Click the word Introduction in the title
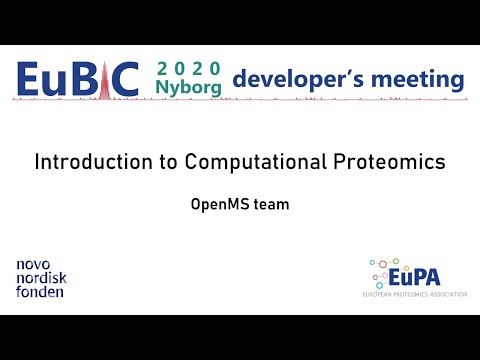[85, 161]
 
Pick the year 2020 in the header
[188, 69]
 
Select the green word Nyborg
[188, 88]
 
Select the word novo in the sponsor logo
[35, 265]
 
